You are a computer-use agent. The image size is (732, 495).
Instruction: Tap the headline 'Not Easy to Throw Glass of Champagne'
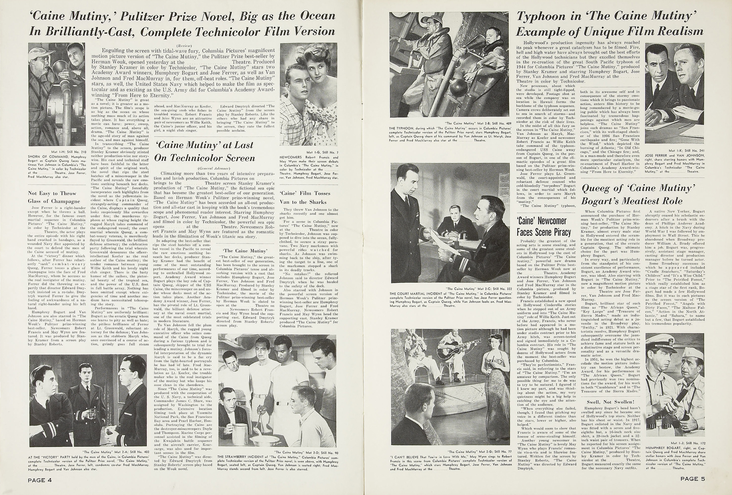[54, 197]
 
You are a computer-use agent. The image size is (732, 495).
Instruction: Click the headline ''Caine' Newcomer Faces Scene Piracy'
[543, 226]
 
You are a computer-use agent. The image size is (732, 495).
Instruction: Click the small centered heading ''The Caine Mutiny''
[245, 251]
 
